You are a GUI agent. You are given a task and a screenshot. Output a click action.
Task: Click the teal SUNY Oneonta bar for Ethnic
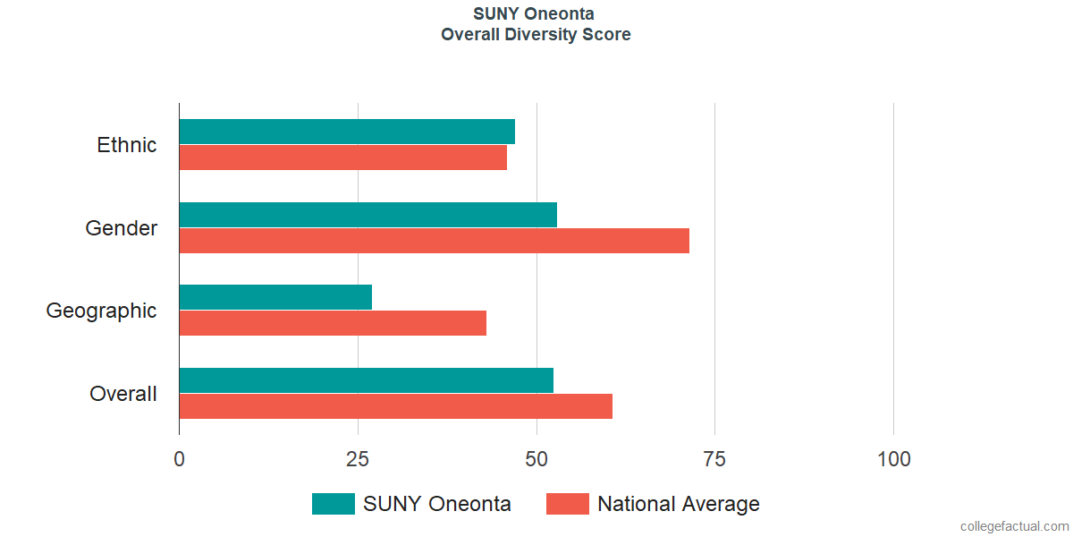(x=347, y=132)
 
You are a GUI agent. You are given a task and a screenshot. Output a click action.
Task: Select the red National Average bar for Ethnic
(x=343, y=158)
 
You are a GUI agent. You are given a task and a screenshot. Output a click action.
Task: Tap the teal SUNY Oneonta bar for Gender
(x=368, y=215)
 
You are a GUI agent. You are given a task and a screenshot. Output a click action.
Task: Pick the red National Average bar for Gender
(x=434, y=241)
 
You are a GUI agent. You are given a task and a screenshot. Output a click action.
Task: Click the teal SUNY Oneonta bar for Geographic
(x=275, y=297)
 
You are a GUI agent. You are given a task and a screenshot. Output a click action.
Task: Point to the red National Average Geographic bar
(x=333, y=323)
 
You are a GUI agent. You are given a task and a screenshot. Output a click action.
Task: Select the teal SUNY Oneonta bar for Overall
(x=366, y=380)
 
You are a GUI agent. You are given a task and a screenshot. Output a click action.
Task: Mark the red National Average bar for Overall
(x=395, y=406)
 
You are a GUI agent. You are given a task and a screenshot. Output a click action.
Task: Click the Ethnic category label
(x=127, y=145)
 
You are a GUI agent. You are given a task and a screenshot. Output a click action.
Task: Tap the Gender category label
(x=122, y=228)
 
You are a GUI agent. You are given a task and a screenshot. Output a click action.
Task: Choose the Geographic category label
(x=102, y=311)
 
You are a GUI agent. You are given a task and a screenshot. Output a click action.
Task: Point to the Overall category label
(x=123, y=394)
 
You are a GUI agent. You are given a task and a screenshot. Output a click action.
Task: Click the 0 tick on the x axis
(x=180, y=459)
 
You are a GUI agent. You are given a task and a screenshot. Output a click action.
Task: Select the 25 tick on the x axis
(x=358, y=459)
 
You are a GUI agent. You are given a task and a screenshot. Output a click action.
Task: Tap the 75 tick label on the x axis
(x=714, y=459)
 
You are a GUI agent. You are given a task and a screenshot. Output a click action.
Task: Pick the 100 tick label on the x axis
(x=893, y=459)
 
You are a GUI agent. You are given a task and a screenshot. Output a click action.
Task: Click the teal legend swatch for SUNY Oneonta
(x=334, y=504)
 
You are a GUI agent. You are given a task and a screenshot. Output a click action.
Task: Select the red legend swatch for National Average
(x=568, y=504)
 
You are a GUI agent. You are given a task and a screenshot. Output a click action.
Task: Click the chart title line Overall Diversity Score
(x=536, y=35)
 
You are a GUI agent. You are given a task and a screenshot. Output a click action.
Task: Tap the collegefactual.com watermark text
(x=1014, y=526)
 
